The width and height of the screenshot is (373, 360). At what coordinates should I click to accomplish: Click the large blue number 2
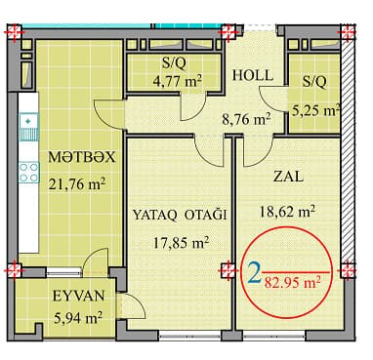coord(254,276)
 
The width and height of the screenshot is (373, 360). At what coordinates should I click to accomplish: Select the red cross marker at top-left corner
coord(13,33)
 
